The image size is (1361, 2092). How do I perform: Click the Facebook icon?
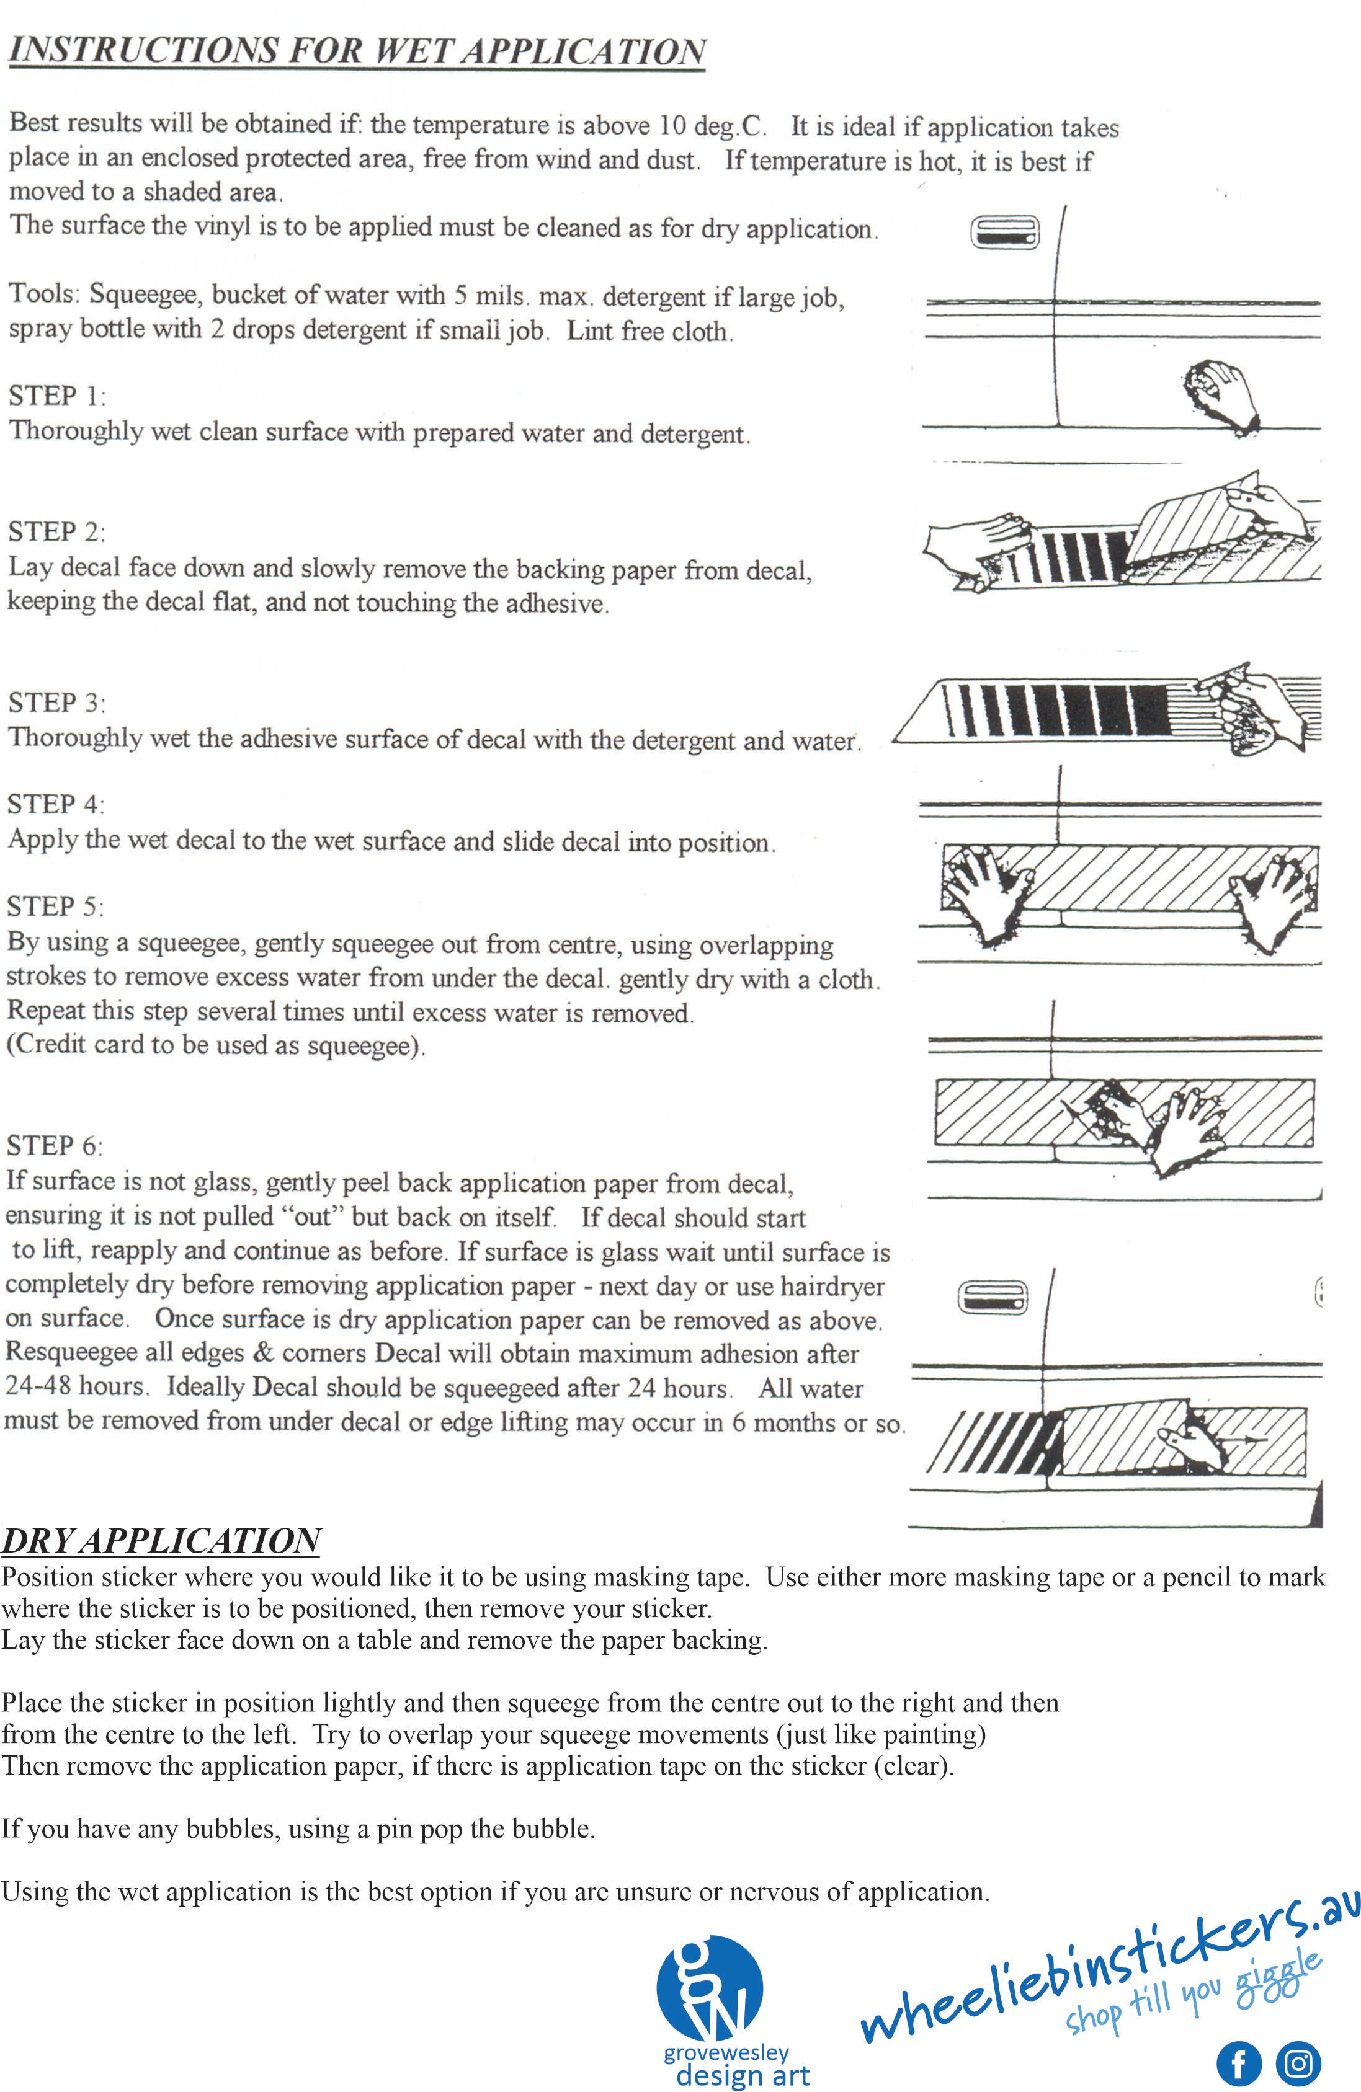(1238, 2062)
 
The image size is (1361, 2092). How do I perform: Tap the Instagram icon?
(1298, 2062)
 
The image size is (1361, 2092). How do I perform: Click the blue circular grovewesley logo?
(710, 1989)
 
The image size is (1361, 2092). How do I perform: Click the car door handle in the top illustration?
(1004, 234)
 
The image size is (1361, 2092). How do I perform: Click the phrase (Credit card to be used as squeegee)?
(215, 1045)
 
